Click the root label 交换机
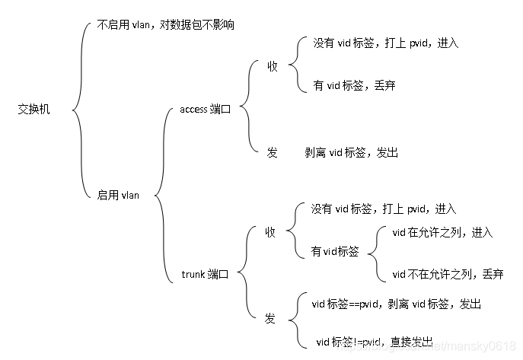click(34, 110)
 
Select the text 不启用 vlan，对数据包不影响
click(166, 25)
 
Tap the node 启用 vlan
click(119, 195)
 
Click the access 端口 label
click(206, 110)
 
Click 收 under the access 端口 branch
click(272, 67)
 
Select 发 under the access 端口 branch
click(272, 152)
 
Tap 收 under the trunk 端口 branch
click(270, 231)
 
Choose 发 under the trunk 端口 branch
click(270, 318)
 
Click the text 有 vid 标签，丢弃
click(354, 86)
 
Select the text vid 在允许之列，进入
click(442, 232)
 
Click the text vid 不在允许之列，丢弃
click(448, 274)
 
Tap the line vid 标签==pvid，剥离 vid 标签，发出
click(396, 304)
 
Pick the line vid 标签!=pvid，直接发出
click(375, 341)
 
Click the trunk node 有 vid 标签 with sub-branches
click(335, 251)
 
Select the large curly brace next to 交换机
click(81, 110)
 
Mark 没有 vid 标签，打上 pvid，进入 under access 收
click(386, 43)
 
